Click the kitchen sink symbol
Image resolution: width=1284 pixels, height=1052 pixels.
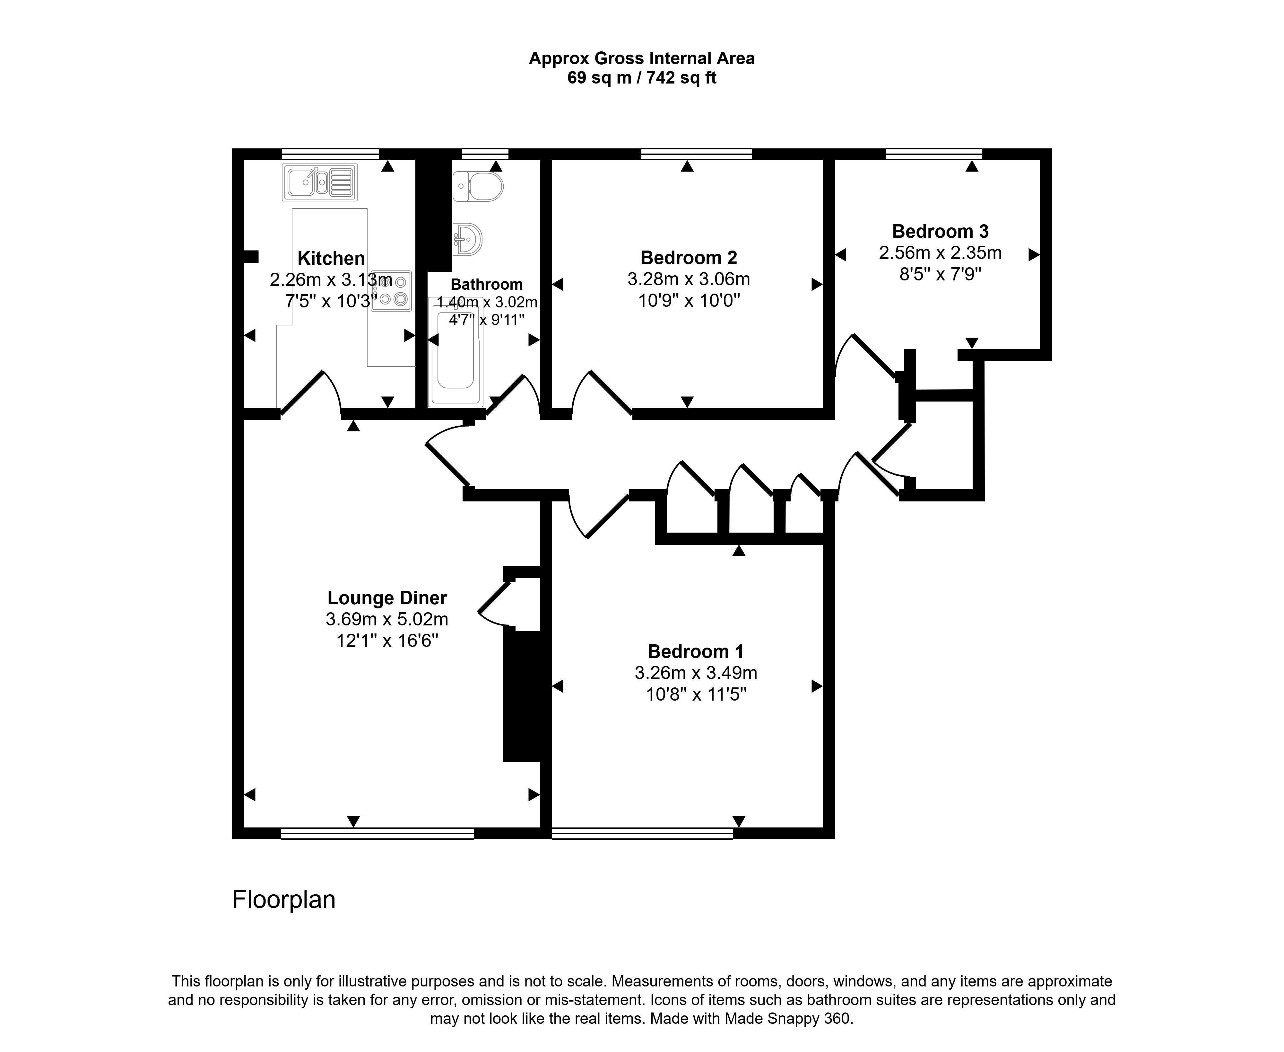point(319,182)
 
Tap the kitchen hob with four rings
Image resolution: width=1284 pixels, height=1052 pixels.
point(391,291)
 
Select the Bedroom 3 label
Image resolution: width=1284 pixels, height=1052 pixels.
point(940,232)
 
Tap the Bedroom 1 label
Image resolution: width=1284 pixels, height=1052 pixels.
point(695,651)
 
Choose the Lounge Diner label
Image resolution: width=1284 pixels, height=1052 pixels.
point(387,598)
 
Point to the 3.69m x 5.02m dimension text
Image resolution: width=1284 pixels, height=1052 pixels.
point(387,619)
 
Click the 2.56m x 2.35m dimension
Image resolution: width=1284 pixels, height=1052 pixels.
point(940,253)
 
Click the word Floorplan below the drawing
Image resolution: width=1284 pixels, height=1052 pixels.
point(283,900)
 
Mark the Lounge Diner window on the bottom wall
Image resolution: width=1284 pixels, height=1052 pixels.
point(377,833)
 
